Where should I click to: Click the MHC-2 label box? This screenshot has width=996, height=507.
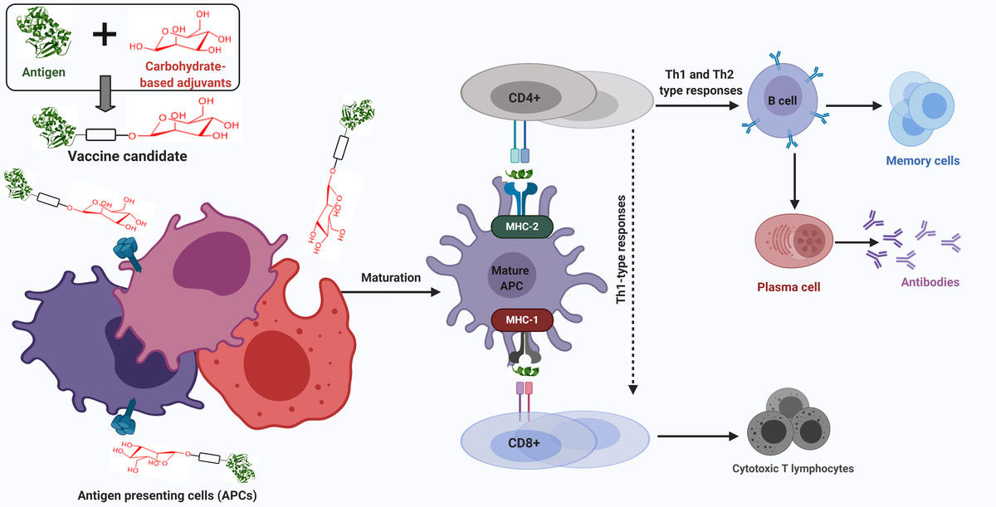point(522,227)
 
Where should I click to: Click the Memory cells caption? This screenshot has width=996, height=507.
point(922,161)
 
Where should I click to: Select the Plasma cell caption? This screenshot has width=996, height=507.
point(788,287)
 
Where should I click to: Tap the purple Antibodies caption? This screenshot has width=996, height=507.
point(930,282)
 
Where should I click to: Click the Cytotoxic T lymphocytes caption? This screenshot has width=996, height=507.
point(793,469)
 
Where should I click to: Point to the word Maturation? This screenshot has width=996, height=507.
point(391,276)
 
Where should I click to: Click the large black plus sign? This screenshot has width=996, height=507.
point(105,35)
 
